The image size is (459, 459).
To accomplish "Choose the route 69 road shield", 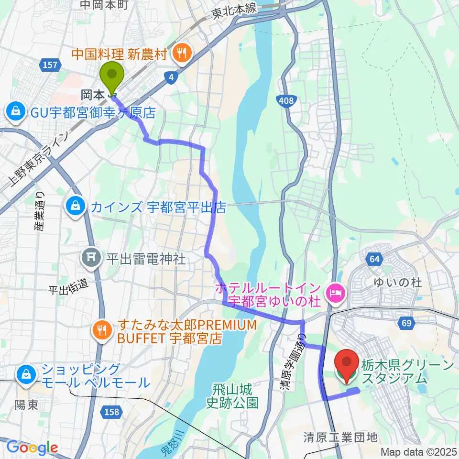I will point(406,324).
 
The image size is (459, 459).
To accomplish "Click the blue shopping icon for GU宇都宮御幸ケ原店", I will point(16,112).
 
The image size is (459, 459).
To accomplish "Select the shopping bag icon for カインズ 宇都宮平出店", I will point(76,207).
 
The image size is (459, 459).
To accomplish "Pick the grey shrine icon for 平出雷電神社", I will point(92,259).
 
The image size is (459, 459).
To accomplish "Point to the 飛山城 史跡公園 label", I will point(232,396).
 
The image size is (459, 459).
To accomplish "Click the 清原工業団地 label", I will point(340,437).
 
